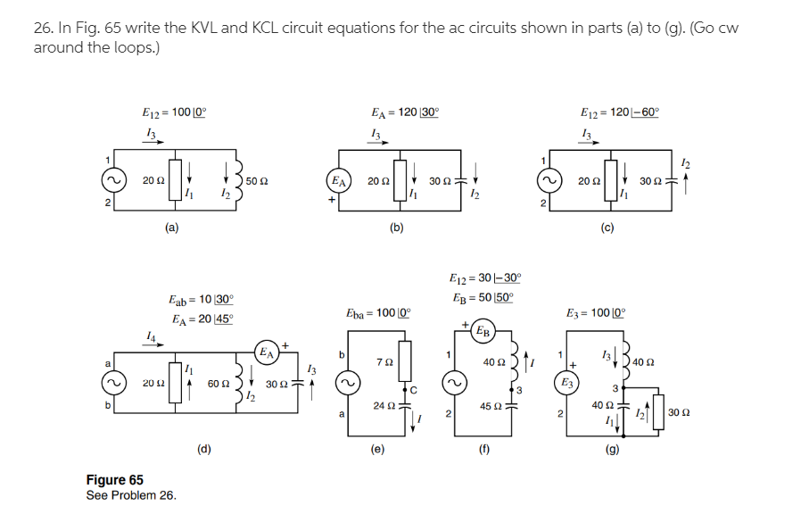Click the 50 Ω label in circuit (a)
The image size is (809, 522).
tap(259, 182)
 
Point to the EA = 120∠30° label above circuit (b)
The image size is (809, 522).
tap(404, 113)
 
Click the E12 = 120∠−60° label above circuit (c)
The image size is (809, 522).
tap(619, 113)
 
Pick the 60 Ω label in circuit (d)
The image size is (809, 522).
tap(219, 383)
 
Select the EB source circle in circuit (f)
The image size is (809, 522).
tap(483, 330)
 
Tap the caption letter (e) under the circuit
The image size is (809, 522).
tap(377, 451)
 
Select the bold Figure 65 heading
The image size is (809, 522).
tap(114, 480)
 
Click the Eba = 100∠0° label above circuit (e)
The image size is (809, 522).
tap(377, 314)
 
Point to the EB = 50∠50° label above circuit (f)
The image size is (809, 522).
tap(482, 297)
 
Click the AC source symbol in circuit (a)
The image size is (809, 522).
tap(113, 181)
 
